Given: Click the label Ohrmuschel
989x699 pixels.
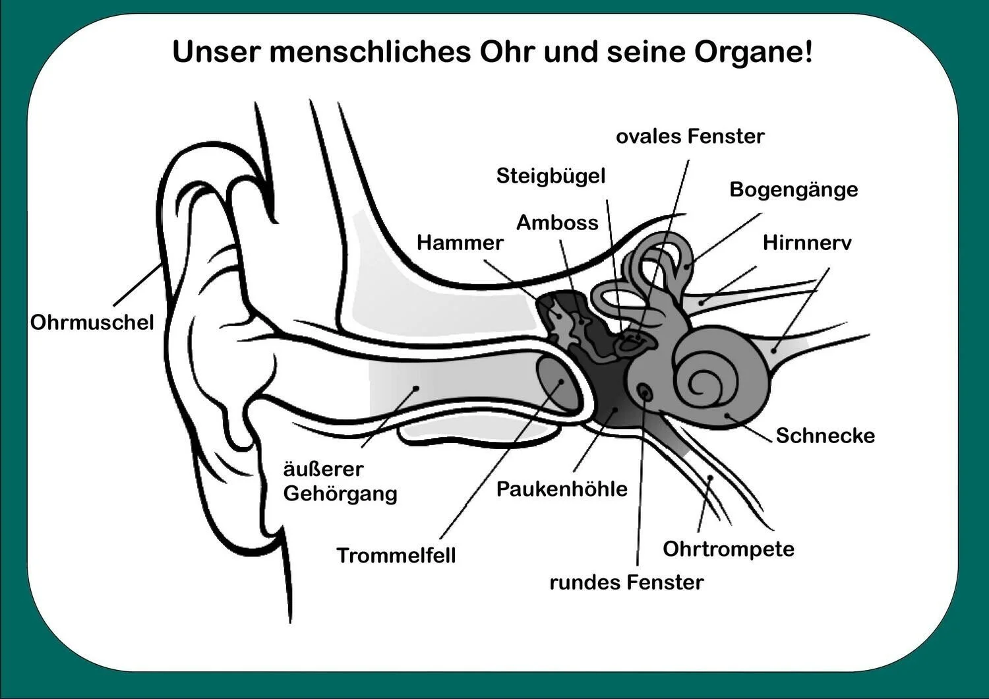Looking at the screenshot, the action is (x=92, y=322).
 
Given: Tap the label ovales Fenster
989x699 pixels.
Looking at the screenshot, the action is (x=690, y=137).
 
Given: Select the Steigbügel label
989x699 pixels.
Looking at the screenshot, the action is (x=551, y=176).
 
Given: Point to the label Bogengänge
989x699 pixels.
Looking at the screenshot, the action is (x=793, y=189).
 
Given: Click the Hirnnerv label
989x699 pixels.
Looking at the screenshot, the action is (x=806, y=243).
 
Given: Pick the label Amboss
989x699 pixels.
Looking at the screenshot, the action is (x=557, y=223).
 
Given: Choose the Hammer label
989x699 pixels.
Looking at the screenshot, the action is (x=460, y=243).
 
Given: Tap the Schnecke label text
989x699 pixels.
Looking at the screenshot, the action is (x=825, y=435).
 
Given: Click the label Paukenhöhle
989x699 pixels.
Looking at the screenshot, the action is (x=562, y=489).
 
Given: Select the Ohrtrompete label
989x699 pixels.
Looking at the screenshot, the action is (x=728, y=549).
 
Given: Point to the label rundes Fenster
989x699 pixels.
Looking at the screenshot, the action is (x=626, y=582).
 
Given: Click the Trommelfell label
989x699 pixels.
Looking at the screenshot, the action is (x=396, y=555).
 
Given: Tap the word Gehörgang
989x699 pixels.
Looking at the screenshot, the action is (x=340, y=493).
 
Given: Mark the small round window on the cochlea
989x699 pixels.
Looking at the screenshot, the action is (x=645, y=393).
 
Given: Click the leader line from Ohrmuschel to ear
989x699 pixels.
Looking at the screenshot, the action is (x=138, y=284).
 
